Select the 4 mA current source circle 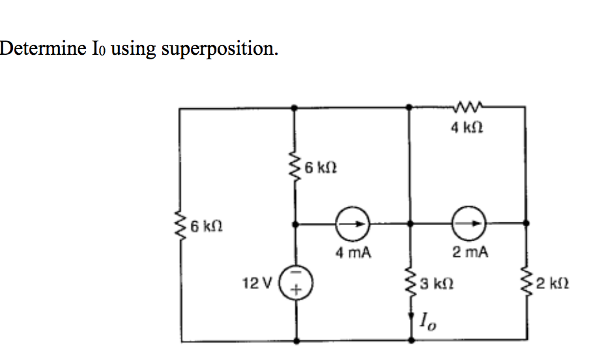pos(353,223)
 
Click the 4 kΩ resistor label pos(467,128)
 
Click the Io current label pos(427,320)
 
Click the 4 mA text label pos(353,252)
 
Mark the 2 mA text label pos(469,252)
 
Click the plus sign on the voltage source pos(297,291)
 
